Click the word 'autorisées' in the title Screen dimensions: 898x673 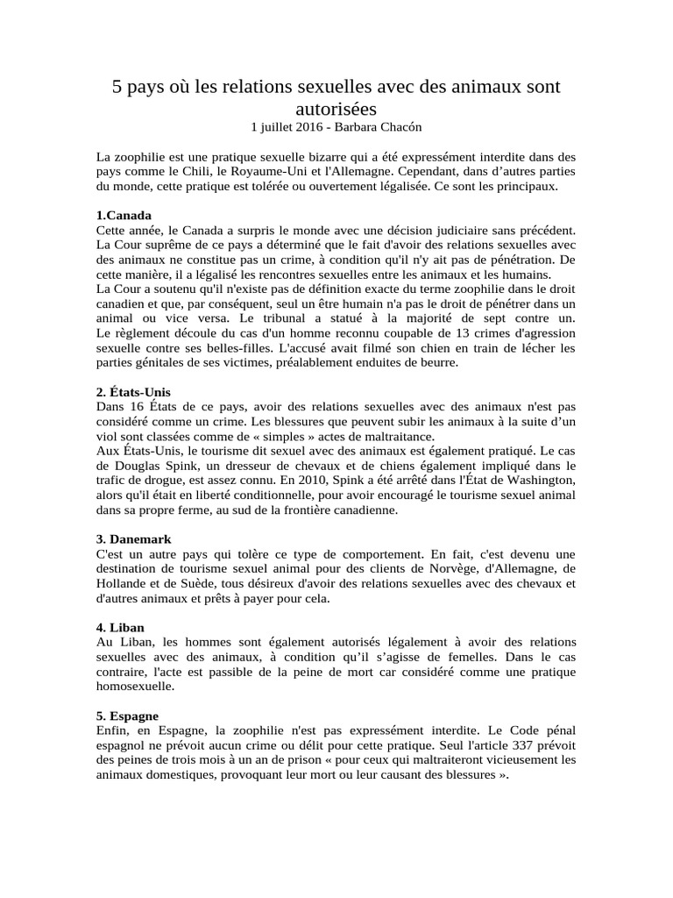[336, 109]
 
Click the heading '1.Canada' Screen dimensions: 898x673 [124, 215]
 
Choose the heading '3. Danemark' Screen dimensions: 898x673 [134, 539]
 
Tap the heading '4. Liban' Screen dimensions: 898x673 [121, 628]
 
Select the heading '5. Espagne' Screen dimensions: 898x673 [128, 716]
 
